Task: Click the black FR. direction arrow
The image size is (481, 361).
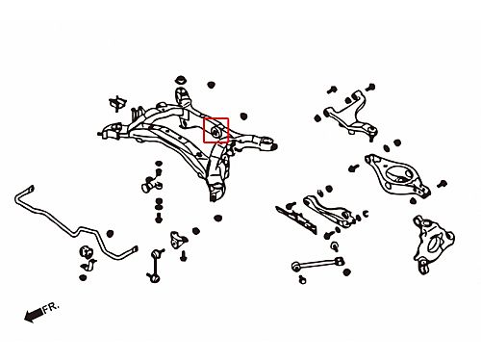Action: coord(34,315)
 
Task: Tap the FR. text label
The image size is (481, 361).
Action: coord(51,308)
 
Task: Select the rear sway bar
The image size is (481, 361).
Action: coord(76,232)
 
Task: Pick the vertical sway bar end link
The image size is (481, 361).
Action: coord(155,266)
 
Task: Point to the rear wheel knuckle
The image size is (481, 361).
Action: coord(433,245)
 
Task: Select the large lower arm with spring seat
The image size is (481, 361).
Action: coord(397,176)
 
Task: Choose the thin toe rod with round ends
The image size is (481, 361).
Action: coord(317,264)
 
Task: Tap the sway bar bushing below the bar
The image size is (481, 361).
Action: coord(86,251)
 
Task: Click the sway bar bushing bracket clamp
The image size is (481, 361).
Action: coord(89,265)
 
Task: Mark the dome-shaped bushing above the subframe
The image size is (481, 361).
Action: coord(182,80)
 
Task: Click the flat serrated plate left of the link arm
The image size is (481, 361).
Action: coord(297,219)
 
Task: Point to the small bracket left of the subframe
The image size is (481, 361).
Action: coord(117,103)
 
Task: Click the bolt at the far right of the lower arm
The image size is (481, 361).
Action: coord(442,184)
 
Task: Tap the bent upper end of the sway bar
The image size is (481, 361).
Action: coord(30,190)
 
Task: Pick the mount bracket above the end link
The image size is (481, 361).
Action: coord(177,240)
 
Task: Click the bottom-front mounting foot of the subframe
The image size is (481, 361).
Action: coord(215,192)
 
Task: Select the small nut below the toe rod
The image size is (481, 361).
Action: coord(302,280)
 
